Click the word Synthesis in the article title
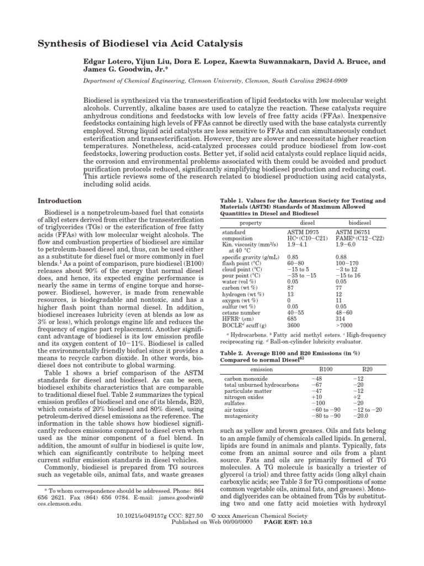61,43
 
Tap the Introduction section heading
59,201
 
